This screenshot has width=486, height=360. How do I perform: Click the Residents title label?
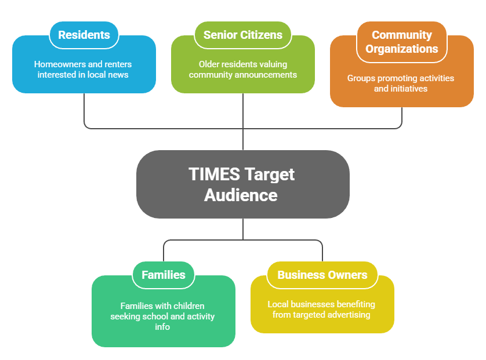(84, 35)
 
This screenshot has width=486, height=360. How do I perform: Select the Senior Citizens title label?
(243, 35)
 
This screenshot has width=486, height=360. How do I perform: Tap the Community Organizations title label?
(402, 42)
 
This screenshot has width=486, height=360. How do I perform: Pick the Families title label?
(164, 275)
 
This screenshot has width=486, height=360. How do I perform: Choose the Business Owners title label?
(322, 275)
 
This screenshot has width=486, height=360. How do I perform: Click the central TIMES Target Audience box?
(243, 184)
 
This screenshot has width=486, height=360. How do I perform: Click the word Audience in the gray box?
(241, 195)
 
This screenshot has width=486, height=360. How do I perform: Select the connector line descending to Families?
(164, 250)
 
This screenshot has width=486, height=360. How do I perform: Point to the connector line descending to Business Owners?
(322, 250)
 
